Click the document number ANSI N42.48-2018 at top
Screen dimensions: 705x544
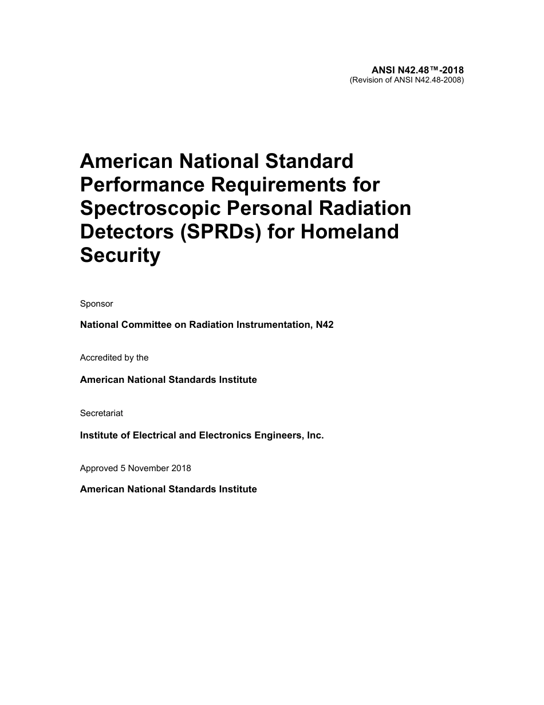(417, 70)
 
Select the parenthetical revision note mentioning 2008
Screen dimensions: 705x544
(407, 80)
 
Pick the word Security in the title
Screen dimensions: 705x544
(120, 256)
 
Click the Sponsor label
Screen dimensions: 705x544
(97, 304)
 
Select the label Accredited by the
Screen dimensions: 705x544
(115, 358)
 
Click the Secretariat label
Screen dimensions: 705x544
(101, 413)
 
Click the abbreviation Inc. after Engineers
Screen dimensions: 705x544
(316, 436)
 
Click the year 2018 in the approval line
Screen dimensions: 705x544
(182, 468)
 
